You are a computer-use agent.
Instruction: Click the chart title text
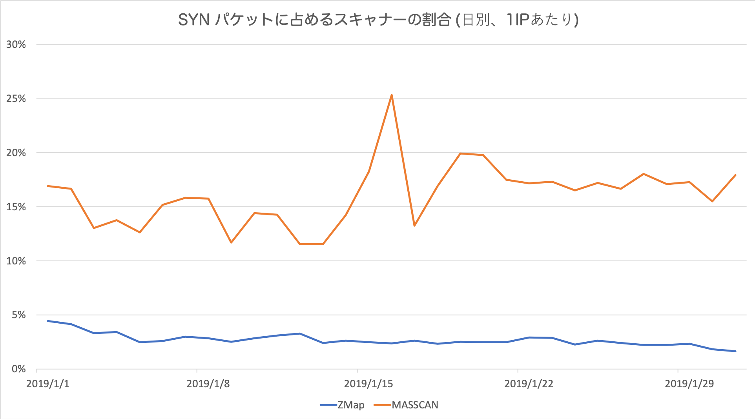(378, 20)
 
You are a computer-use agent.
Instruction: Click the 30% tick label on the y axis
(16, 45)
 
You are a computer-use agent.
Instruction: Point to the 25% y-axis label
(16, 99)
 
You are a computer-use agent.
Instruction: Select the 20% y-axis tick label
(16, 153)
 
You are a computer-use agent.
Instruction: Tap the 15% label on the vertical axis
(16, 207)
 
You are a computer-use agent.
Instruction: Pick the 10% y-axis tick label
(16, 261)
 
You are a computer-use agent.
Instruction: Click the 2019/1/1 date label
(48, 384)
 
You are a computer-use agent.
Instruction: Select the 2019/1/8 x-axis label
(208, 384)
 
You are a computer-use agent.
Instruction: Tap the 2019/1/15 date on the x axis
(368, 384)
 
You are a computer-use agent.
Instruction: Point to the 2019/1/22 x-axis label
(529, 384)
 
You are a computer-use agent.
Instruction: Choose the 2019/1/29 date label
(689, 384)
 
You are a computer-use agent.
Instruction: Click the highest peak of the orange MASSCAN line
(392, 95)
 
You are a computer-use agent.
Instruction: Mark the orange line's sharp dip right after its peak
(414, 226)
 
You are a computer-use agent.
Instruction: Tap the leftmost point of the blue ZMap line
(48, 321)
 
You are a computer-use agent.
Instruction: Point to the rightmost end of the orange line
(735, 175)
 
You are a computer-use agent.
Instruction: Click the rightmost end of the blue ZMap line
(735, 351)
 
